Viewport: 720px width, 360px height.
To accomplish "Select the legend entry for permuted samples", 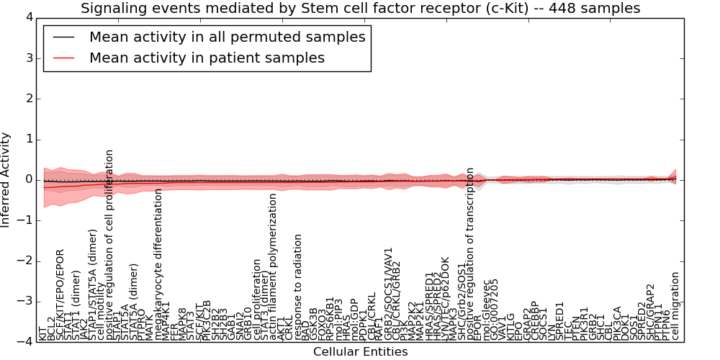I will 227,37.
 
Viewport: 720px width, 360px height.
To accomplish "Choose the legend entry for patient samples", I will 207,58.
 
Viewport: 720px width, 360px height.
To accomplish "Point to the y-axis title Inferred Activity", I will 6,180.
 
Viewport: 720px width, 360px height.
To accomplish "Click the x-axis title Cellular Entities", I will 360,351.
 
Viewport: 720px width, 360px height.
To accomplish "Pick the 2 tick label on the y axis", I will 28,99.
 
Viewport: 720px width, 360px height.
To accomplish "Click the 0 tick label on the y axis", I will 28,180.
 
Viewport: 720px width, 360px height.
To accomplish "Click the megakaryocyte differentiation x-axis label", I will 159,266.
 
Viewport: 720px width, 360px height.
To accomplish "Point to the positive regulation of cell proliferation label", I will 110,246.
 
